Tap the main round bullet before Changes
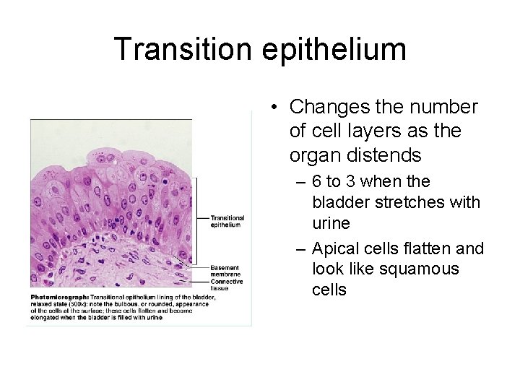(x=276, y=108)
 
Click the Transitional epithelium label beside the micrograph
(x=227, y=221)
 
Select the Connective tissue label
(x=227, y=284)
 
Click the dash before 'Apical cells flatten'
(x=303, y=249)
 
